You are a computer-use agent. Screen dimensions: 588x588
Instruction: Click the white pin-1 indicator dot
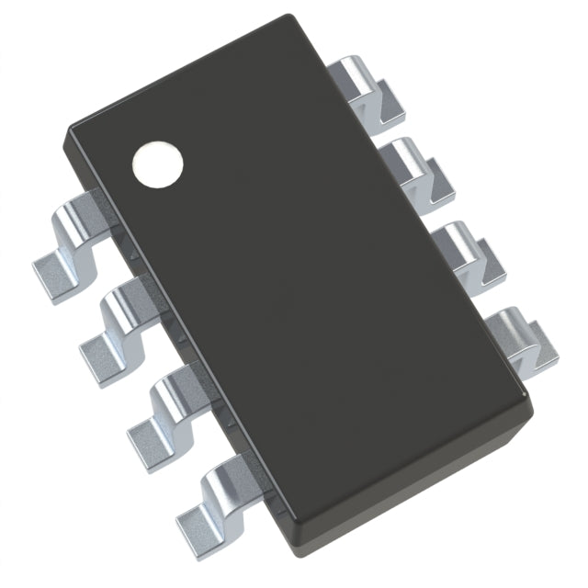[x=158, y=164]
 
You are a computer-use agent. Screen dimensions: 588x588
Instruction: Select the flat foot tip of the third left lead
[x=144, y=431]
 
